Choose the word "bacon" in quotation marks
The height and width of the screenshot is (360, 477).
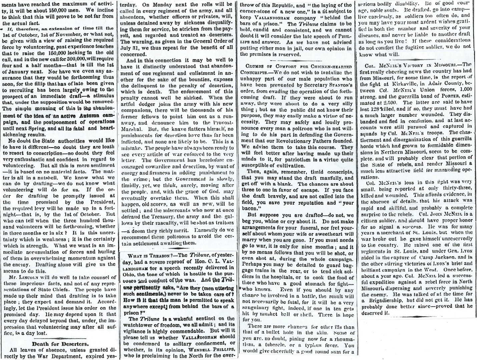click(x=248, y=209)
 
